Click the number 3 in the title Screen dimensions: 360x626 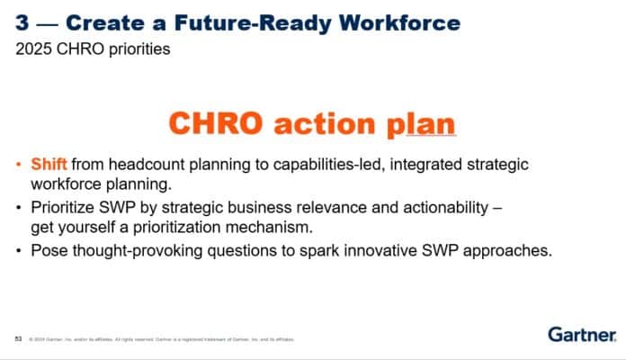click(x=22, y=22)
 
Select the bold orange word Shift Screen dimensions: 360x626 click(x=49, y=165)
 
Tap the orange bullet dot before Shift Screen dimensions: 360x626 click(x=20, y=165)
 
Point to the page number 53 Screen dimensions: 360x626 click(x=18, y=339)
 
